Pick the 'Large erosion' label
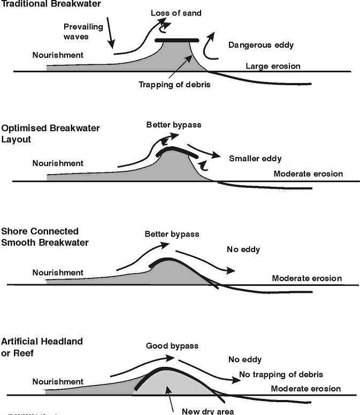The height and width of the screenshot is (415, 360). tap(273, 66)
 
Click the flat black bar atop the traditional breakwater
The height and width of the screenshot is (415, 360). tap(177, 41)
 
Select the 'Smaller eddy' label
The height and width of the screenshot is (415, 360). tap(255, 159)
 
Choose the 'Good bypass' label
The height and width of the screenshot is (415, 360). tap(172, 346)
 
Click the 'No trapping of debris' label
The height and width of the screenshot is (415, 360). tap(281, 374)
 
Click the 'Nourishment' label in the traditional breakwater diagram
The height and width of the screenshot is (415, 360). tap(58, 55)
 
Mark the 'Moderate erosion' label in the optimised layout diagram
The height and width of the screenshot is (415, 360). tap(308, 174)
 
